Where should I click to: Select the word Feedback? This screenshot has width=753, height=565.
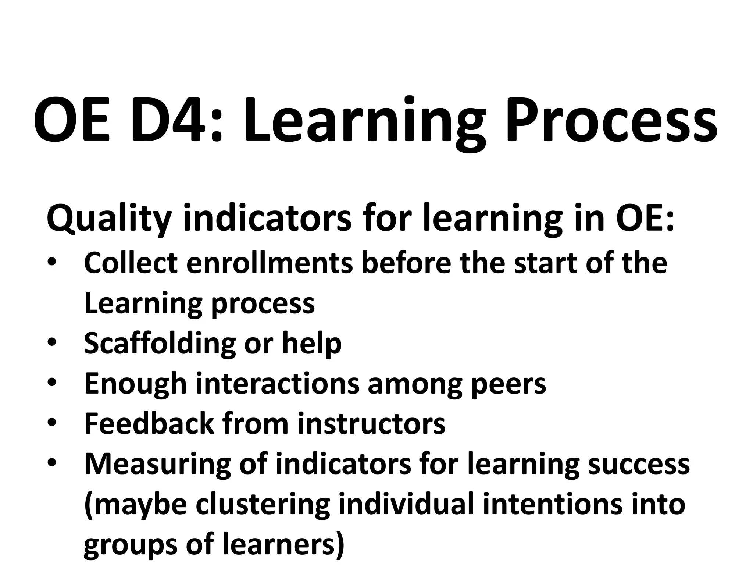point(149,424)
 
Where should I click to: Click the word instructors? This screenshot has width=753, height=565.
point(371,424)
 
